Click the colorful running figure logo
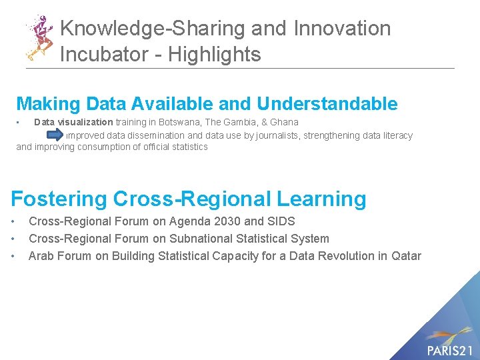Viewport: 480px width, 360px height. point(39,37)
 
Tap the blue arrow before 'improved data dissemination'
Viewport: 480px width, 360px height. point(57,135)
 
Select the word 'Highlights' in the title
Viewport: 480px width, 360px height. point(214,54)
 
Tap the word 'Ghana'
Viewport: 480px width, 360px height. point(284,122)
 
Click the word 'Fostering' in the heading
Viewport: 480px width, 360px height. point(59,199)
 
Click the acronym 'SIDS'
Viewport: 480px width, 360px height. point(280,221)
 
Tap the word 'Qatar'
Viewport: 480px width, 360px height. point(406,256)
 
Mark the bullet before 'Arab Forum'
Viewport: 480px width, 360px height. point(14,256)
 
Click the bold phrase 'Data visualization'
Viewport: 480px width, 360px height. point(73,122)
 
